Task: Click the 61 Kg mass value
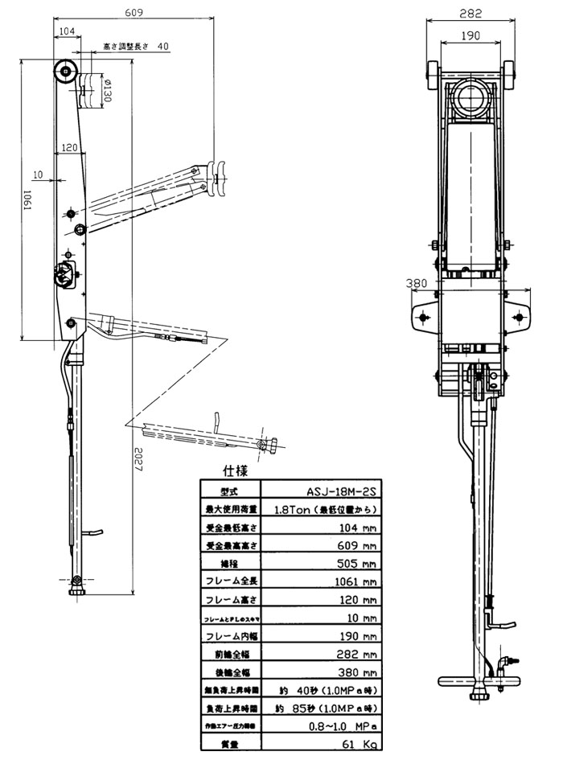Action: pyautogui.click(x=358, y=745)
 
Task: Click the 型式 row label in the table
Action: pyautogui.click(x=228, y=491)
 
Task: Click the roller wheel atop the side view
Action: pyautogui.click(x=64, y=71)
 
